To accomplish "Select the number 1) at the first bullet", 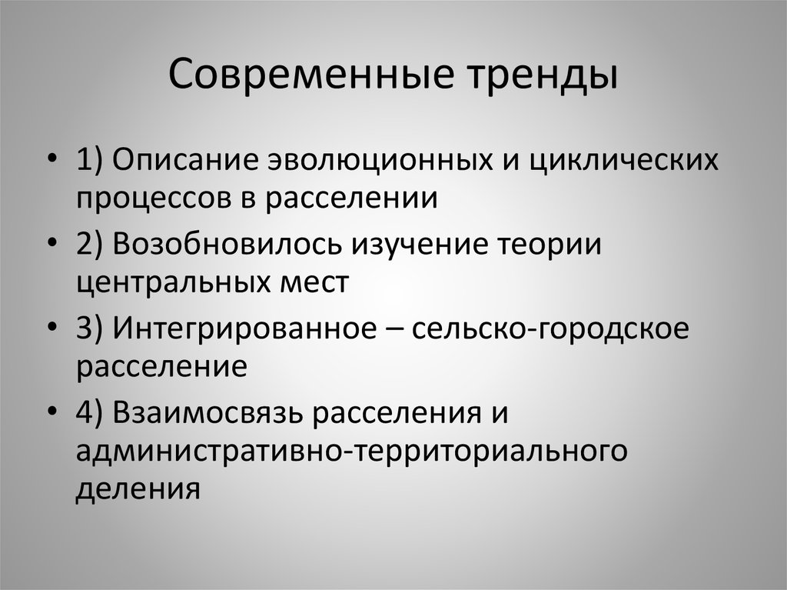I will [92, 162].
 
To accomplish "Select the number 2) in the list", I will [93, 245].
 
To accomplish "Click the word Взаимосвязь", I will [207, 412].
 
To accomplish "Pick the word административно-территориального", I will [352, 449].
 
